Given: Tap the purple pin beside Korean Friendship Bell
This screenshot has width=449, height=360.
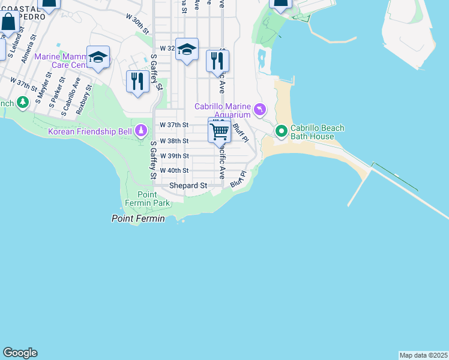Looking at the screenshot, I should tap(141, 130).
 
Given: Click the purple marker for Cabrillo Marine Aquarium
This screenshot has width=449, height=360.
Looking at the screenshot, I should tap(259, 109).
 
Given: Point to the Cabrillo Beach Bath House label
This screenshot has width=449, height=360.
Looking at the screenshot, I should tap(318, 132).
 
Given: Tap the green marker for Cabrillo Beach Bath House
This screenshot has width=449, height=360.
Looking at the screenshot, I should tap(281, 130).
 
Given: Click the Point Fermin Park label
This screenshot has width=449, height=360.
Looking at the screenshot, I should tap(147, 199).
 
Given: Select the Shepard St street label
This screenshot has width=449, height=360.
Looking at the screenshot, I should tap(188, 186).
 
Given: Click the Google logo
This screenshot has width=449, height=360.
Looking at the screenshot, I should tap(20, 353).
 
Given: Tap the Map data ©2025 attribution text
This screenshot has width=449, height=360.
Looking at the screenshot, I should tap(423, 355).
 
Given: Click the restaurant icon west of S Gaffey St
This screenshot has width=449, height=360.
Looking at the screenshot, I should tap(138, 81).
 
